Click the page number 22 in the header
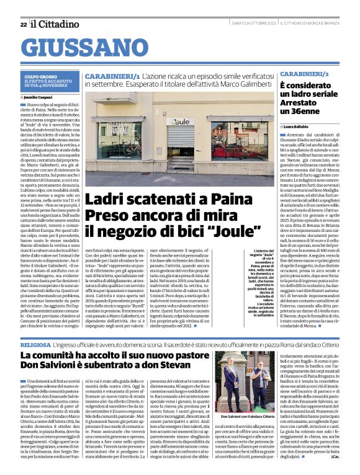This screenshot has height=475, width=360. coord(23,24)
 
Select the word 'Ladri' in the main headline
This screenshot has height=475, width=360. coord(109,200)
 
